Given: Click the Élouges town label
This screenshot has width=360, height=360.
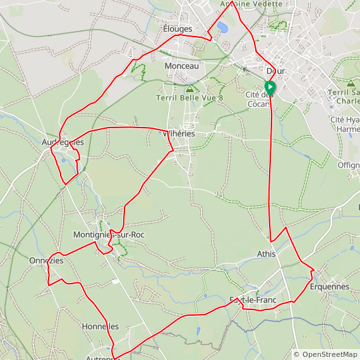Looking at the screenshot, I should point(177,29).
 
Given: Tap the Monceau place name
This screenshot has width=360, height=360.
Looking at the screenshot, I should point(181,66).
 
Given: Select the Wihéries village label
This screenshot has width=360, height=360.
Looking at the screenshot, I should point(179,134).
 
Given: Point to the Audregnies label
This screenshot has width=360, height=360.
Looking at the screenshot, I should point(63,142).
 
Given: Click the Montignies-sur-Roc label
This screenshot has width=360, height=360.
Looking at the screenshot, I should point(109,234).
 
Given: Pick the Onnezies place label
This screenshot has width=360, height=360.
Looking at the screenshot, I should point(46,260).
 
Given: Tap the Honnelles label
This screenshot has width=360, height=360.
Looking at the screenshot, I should point(100,327).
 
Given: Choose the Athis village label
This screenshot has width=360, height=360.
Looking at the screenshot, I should point(267,255).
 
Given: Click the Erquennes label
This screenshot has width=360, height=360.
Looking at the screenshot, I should point(329,287).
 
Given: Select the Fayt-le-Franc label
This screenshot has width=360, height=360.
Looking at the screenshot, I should point(253,299).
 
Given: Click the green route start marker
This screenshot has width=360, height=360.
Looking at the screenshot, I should point(270,88).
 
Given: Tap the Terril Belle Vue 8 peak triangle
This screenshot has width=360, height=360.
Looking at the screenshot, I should point(189,88).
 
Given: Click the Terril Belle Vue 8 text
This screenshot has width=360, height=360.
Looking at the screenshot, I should point(189,98).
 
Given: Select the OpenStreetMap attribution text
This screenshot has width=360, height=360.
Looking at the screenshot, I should point(325,355).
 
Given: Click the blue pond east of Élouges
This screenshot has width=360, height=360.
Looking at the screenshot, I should point(222,27).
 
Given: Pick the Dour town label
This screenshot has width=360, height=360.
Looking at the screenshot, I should point(276,71).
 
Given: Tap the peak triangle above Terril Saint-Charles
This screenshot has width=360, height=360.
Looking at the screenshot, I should point(351,83).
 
